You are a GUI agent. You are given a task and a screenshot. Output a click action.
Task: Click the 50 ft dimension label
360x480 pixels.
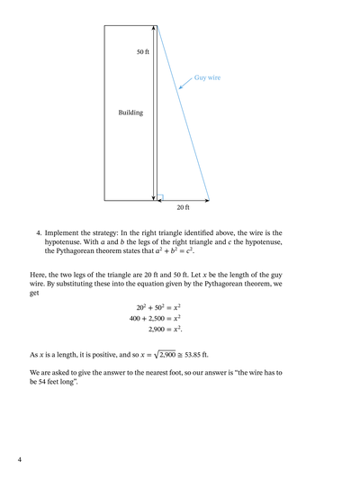pos(143,52)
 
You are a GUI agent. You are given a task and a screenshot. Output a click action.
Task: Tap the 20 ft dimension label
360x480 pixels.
pos(183,208)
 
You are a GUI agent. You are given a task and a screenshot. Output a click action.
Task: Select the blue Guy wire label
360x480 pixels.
pos(208,78)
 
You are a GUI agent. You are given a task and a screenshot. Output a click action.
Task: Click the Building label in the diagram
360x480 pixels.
pos(130,113)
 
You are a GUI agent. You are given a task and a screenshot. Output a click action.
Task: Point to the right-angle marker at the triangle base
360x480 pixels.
pos(160,195)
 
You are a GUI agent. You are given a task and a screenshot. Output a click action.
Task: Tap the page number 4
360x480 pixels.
pos(19,459)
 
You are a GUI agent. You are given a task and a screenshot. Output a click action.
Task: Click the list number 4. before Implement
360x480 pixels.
pos(39,232)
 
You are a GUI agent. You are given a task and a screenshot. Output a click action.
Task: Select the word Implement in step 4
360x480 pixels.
pos(65,232)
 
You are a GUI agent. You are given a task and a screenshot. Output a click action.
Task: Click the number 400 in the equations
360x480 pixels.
pos(137,318)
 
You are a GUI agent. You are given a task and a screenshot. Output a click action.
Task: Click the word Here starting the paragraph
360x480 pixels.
pos(38,274)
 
